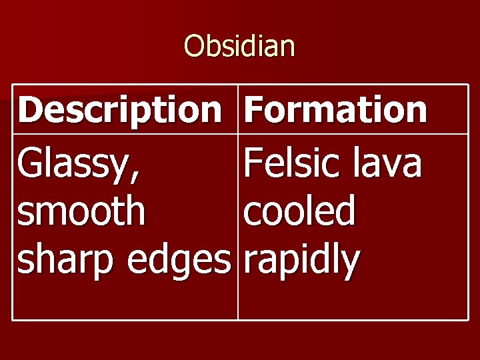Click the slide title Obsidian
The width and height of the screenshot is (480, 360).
(239, 46)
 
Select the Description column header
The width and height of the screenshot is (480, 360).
(120, 110)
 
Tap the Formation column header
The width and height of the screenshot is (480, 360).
(335, 110)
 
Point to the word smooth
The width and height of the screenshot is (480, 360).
(81, 212)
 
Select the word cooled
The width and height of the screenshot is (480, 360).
(300, 212)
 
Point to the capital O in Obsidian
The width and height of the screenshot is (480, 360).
(193, 46)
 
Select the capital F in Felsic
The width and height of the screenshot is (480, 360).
(253, 164)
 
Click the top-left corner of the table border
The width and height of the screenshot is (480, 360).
(13, 85)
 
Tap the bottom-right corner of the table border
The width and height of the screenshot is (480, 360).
(467, 320)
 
